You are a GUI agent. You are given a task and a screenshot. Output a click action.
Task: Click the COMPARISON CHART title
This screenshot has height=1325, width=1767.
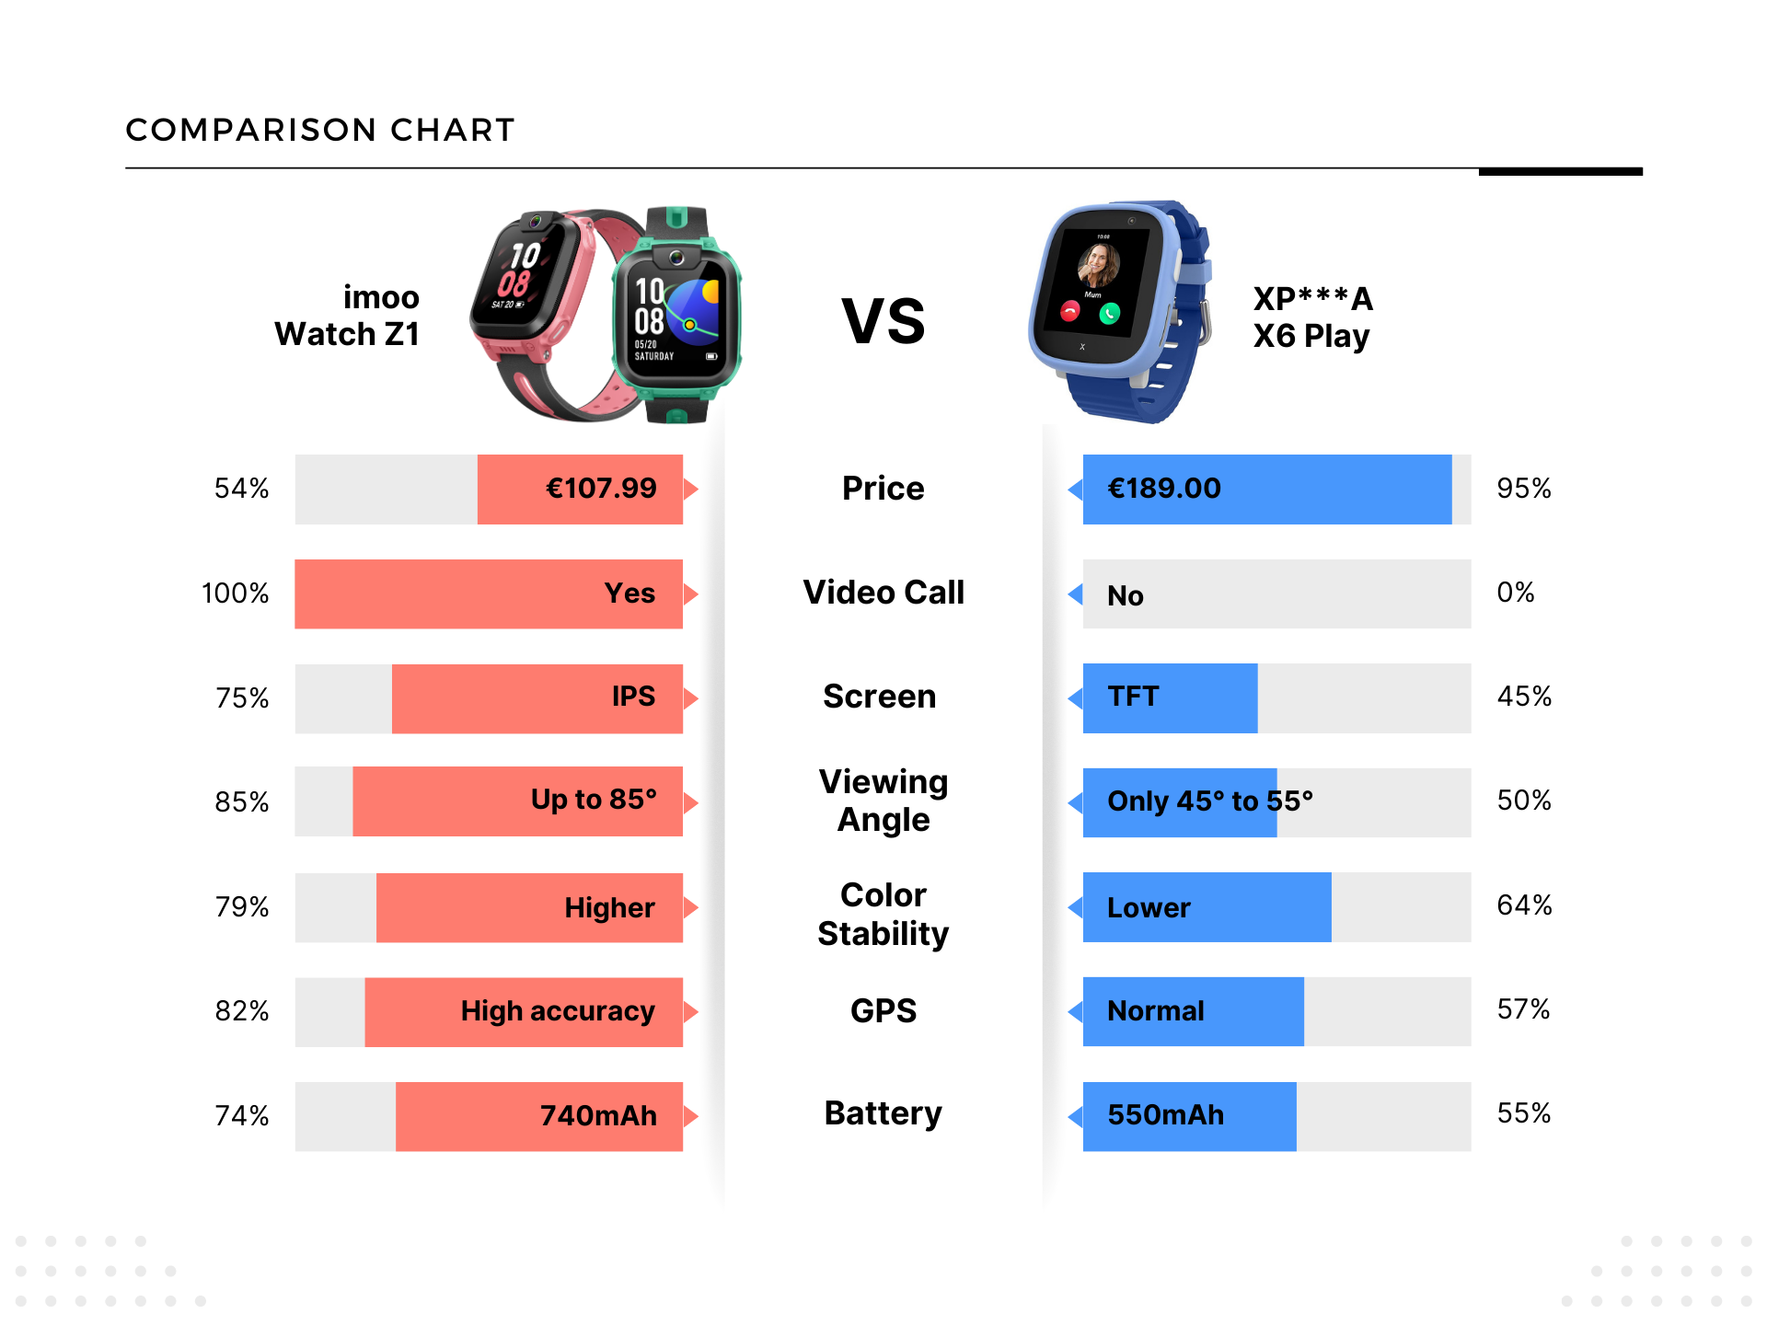(319, 130)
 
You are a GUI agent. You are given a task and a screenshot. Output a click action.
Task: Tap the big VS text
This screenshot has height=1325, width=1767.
(883, 322)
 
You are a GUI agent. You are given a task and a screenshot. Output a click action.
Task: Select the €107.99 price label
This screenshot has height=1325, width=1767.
(601, 488)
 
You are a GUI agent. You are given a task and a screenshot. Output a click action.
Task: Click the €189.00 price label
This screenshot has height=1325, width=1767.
(1164, 488)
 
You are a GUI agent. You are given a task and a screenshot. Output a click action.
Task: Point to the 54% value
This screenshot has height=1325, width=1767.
(241, 488)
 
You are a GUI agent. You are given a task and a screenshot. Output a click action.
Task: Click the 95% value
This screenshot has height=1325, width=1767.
(1524, 488)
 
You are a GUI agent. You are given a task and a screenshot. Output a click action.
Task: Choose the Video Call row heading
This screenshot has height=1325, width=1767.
(883, 593)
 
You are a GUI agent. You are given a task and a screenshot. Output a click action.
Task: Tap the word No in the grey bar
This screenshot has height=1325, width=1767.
(1125, 595)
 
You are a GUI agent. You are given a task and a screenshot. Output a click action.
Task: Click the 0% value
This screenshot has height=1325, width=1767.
(1516, 593)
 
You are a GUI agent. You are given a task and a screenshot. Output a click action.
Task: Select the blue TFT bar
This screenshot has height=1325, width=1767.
(1170, 697)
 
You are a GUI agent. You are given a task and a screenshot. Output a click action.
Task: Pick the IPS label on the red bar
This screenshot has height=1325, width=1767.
(633, 697)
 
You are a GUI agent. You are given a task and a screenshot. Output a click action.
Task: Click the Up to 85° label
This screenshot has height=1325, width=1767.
(594, 800)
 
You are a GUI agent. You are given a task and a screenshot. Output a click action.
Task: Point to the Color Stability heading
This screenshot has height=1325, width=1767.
(883, 914)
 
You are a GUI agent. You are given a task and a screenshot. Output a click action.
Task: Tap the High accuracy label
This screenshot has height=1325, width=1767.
(558, 1011)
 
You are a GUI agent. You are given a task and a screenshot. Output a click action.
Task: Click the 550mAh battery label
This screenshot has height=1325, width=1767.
(1165, 1115)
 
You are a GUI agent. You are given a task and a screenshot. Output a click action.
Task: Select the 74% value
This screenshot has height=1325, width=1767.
(241, 1116)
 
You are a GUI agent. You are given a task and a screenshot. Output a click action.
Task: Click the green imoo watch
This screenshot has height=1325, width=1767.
(677, 317)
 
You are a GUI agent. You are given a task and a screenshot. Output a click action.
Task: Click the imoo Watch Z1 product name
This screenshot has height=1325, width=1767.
(348, 316)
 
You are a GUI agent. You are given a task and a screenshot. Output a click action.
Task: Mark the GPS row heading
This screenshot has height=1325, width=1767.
(883, 1011)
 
